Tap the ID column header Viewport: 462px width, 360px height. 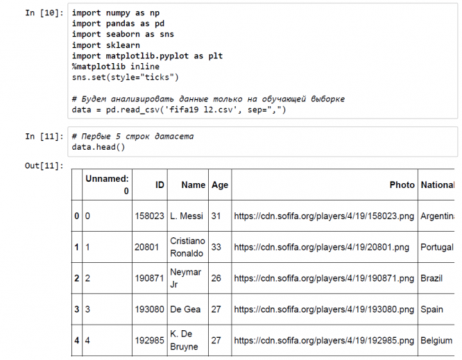(160, 185)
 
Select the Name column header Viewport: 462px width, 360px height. (193, 185)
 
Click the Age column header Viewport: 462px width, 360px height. (220, 185)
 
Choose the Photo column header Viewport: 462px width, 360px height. (402, 185)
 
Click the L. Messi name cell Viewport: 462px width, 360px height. (187, 216)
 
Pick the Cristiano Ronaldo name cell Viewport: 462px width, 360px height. (187, 247)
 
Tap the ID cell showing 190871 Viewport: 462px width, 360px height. (149, 278)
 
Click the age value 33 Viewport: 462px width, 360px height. (216, 247)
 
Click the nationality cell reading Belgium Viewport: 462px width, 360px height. (437, 341)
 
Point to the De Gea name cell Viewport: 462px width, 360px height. (185, 309)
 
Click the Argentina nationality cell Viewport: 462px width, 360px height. (438, 216)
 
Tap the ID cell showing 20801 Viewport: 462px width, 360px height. (147, 247)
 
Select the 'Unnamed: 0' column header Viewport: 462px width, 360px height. (107, 185)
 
